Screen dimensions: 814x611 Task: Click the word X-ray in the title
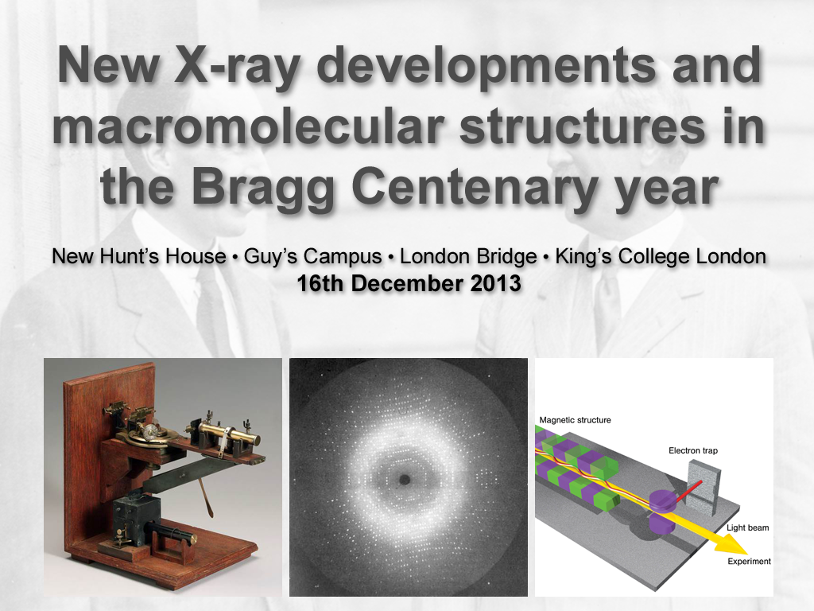tap(237, 66)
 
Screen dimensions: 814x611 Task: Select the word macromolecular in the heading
tap(248, 126)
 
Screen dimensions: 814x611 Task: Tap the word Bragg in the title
tap(263, 188)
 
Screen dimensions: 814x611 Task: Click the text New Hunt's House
tap(139, 257)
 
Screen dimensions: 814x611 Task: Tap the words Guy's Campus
tap(312, 257)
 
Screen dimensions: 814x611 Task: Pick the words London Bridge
tap(468, 257)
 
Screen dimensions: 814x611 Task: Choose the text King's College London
tap(661, 257)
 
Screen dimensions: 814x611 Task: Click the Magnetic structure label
tap(576, 420)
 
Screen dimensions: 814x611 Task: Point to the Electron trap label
tap(693, 450)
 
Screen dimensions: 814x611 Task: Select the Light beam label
tap(747, 528)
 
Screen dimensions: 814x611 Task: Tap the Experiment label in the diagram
tap(749, 561)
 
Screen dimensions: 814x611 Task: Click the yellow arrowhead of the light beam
tap(731, 544)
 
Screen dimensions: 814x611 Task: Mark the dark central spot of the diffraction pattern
tap(405, 480)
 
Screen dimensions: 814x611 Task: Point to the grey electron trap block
tap(704, 489)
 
